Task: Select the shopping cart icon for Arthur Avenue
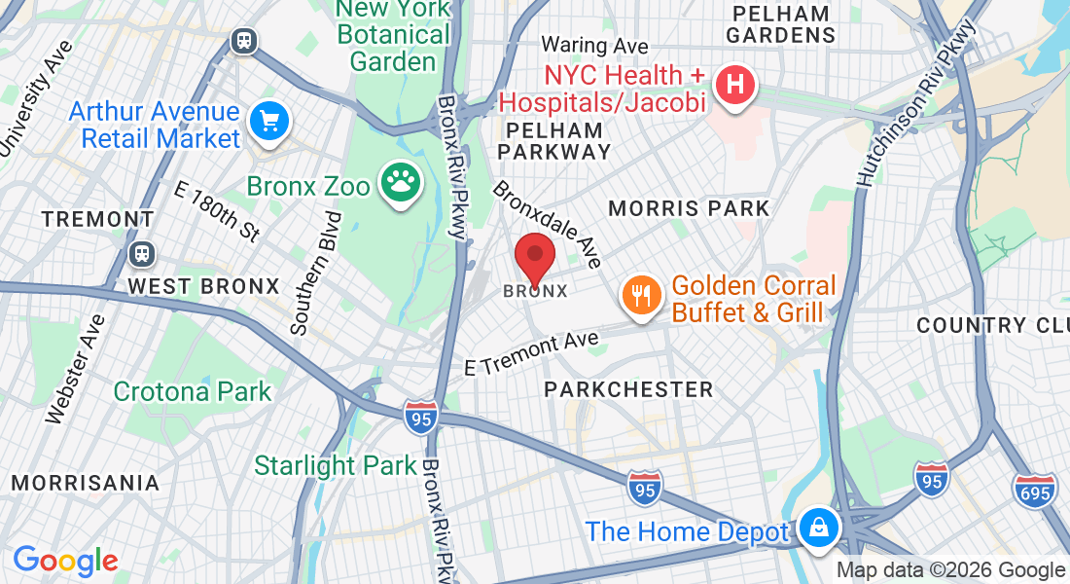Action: coord(269,123)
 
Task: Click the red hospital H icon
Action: coord(736,85)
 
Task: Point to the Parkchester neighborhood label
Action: coord(628,389)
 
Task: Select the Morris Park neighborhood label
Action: coord(689,208)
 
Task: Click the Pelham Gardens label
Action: coord(782,24)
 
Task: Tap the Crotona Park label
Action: coord(193,391)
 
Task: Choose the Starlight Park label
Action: coord(336,465)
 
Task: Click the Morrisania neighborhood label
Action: coord(86,483)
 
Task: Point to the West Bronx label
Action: coord(204,286)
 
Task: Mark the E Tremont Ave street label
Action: coord(530,353)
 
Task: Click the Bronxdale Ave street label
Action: coord(548,224)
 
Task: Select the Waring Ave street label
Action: coord(595,45)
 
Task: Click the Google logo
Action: coord(65,561)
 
